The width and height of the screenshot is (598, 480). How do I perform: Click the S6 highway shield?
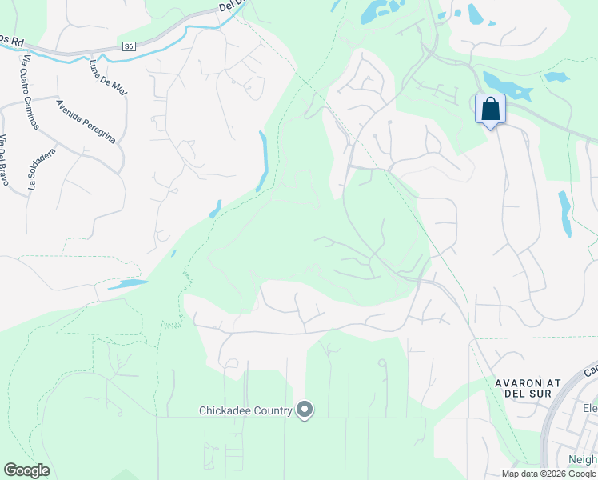tap(129, 46)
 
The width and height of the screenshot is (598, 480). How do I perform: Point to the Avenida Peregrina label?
tap(86, 121)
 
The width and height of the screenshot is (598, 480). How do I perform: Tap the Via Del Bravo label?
tap(5, 161)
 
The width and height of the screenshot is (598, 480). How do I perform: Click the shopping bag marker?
tap(490, 110)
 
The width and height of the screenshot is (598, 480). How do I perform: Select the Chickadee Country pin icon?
tap(304, 410)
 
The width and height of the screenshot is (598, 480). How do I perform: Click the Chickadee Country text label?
tap(245, 411)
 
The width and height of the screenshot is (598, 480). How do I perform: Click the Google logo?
tap(26, 470)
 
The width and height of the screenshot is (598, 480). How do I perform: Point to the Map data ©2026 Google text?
tap(548, 474)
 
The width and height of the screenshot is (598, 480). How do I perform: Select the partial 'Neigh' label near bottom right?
tap(580, 460)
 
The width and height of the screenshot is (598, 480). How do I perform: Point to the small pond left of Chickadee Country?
tap(127, 284)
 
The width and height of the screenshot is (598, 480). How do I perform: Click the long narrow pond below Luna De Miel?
tap(262, 160)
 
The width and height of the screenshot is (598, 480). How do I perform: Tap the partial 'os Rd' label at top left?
tap(11, 41)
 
